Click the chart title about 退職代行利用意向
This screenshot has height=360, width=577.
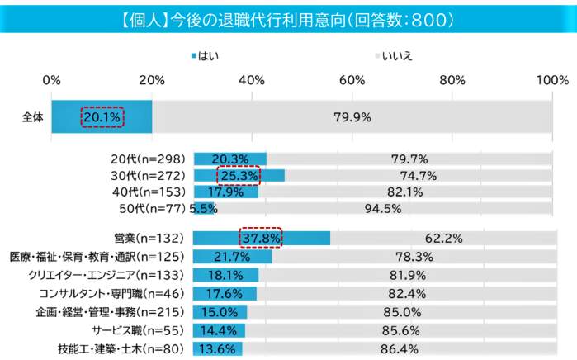point(288,17)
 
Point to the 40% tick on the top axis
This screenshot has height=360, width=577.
point(252,80)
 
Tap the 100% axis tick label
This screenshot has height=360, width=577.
point(551,80)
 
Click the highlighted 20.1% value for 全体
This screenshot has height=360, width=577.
point(102,117)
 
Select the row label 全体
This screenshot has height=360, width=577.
point(32,117)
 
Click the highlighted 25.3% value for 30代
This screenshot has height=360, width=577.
point(238,176)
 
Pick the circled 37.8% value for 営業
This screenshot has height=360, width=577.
point(261,239)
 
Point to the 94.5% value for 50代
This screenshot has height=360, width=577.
point(382,208)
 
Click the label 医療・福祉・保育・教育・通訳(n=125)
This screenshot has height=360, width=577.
point(97,257)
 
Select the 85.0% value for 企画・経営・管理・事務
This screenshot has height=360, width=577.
point(404,311)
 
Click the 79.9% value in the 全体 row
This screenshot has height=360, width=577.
point(352,117)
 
